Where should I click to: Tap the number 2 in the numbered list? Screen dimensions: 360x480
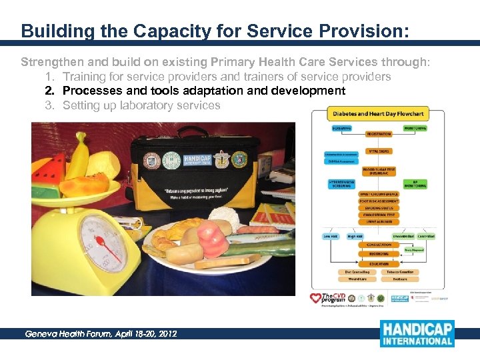coord(49,91)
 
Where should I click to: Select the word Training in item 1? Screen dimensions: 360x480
coord(83,77)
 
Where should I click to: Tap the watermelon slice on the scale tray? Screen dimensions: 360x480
coord(47,170)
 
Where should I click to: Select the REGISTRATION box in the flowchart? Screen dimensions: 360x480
coord(379,133)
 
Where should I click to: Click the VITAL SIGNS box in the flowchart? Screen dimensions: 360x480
coord(379,151)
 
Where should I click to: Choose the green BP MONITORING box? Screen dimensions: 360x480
coord(416,184)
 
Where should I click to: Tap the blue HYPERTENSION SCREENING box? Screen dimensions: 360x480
coord(341,183)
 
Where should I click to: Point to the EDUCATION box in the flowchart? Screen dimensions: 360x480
coord(379,263)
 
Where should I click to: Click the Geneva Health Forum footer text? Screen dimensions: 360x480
coord(101,333)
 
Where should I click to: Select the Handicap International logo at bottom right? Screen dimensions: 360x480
coord(417,334)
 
